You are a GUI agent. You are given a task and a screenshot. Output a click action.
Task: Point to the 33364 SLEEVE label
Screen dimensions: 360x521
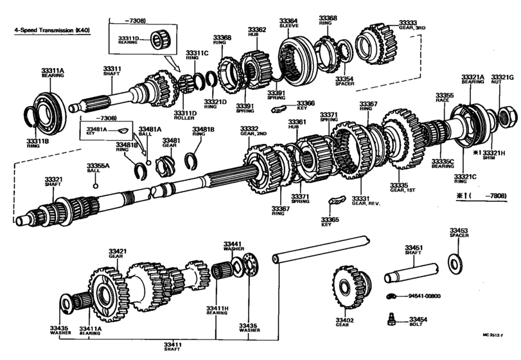click(288, 23)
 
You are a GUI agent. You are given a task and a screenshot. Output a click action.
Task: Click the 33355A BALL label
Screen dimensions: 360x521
click(98, 168)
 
